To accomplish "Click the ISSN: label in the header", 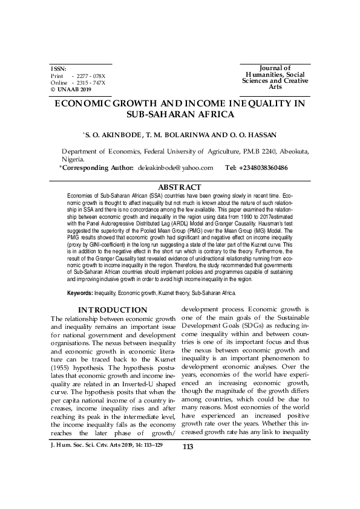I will click(59, 69).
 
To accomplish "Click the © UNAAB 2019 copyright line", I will click(72, 89).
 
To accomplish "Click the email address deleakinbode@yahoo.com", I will click(176, 167).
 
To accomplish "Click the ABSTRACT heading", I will click(180, 188).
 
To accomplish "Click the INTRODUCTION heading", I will click(113, 310).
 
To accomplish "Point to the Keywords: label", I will click(80, 293).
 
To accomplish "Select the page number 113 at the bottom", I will click(187, 481).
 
